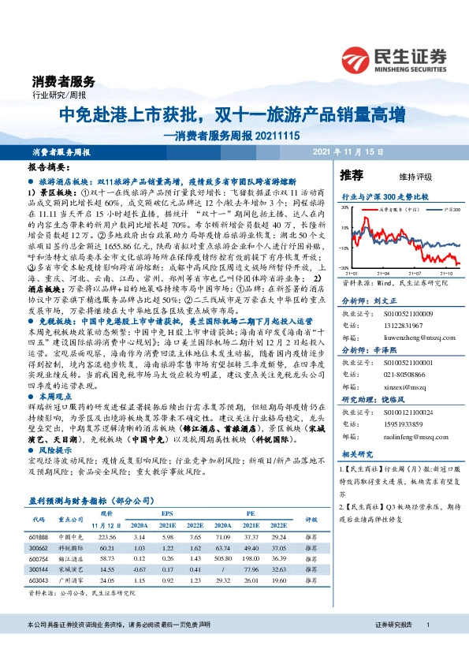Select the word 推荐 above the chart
click(351, 174)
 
